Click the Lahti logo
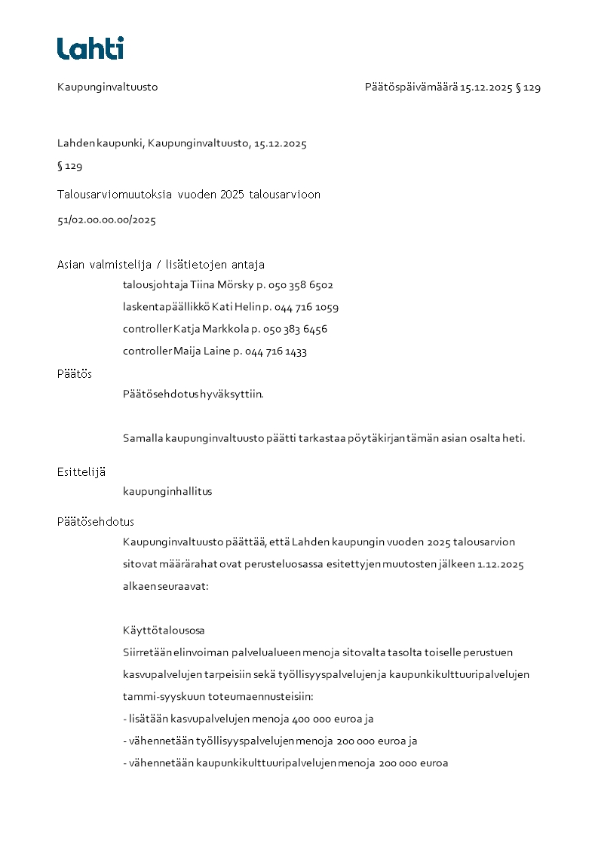[x=90, y=48]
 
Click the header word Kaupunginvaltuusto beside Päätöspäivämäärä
[x=107, y=87]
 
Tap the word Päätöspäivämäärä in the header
[x=411, y=87]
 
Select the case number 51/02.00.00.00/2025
[x=106, y=221]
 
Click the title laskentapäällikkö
[x=166, y=307]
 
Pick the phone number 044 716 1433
[x=276, y=351]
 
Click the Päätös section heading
[x=75, y=374]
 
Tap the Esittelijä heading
[x=81, y=472]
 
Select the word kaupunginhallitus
[x=167, y=492]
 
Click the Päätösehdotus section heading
[x=96, y=522]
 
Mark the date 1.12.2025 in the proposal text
[x=501, y=565]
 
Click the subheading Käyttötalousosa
[x=164, y=631]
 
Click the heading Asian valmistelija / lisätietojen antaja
[x=161, y=265]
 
